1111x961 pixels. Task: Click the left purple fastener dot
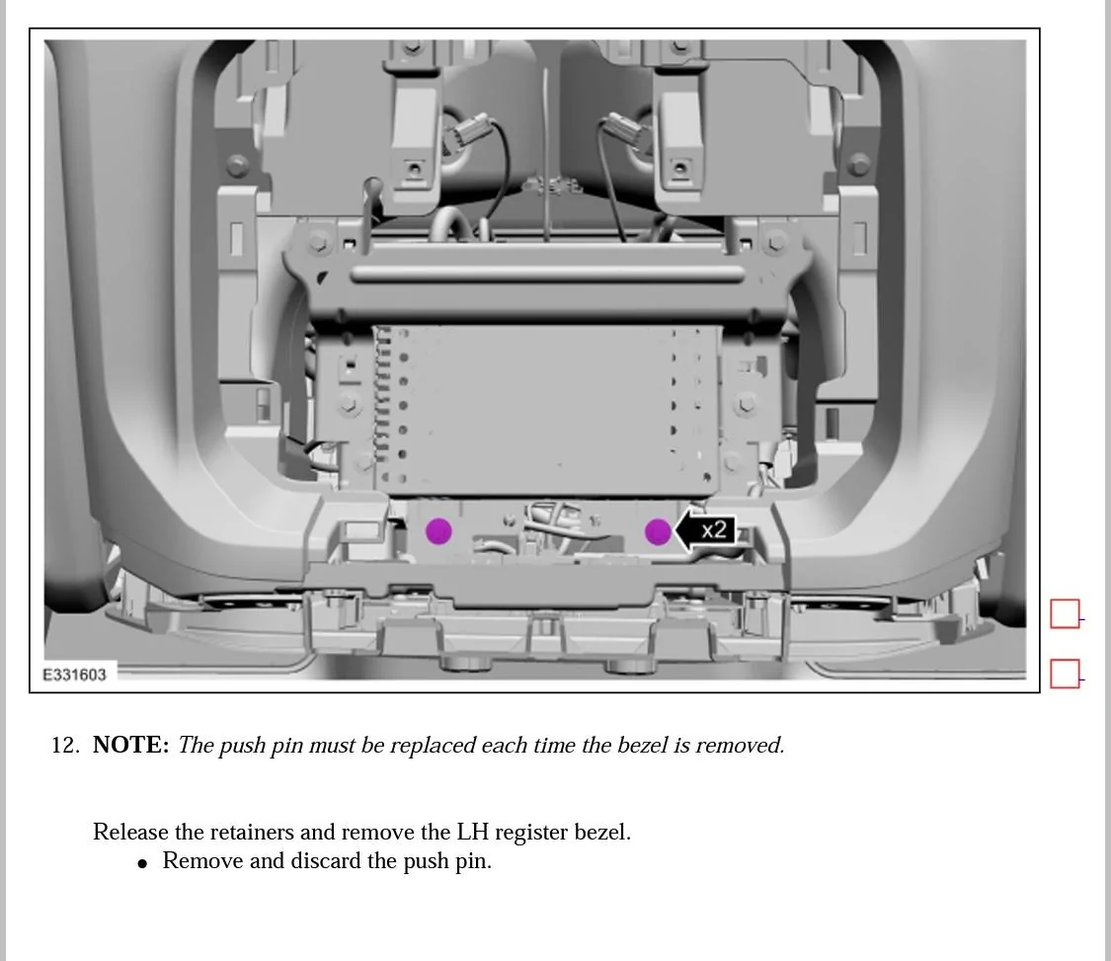438,531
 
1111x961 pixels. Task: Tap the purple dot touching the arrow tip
658,532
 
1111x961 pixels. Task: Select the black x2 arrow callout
707,531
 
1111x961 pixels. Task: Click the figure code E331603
74,675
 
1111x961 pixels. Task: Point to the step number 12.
64,746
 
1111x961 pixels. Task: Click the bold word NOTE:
130,746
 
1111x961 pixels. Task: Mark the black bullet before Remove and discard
143,863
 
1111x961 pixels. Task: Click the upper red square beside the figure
1065,614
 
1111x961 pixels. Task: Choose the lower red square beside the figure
1065,674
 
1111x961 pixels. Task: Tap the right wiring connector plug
622,129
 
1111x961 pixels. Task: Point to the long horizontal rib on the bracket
547,274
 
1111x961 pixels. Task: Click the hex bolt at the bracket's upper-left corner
318,242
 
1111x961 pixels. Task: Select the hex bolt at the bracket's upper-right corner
777,241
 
